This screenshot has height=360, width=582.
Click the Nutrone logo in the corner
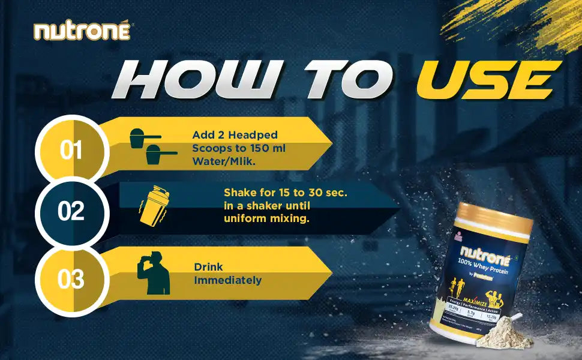[x=82, y=31]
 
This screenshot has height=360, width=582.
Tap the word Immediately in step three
[x=227, y=280]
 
